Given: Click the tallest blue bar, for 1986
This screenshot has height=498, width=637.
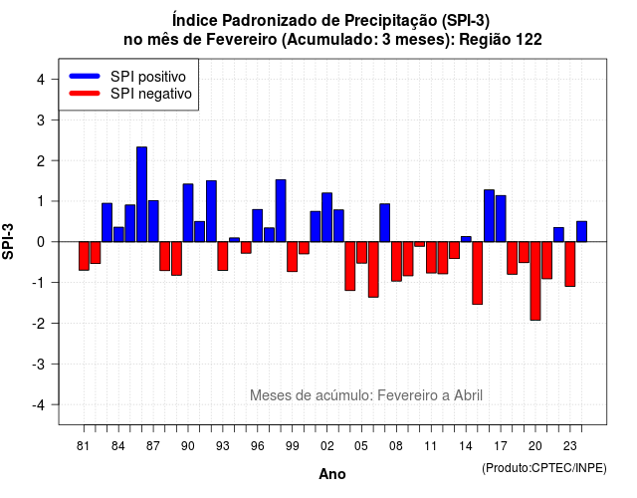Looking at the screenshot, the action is tap(141, 194).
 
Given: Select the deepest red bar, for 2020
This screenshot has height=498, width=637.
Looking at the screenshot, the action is tap(535, 281).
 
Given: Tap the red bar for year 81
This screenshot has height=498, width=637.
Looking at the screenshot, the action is tap(84, 256).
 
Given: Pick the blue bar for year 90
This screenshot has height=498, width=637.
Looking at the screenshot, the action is tap(188, 213).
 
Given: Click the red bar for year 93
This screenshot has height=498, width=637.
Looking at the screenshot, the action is tap(223, 256).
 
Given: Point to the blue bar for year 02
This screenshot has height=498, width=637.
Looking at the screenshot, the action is tap(327, 217).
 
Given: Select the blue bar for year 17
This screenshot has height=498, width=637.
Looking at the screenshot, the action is tap(501, 219).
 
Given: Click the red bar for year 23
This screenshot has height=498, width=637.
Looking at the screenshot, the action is tap(570, 264).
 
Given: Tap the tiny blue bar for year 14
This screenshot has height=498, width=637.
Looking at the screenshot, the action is tap(466, 239).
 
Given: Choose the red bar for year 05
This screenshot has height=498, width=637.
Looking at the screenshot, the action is tap(361, 252).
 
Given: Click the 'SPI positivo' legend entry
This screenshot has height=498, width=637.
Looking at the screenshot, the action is tap(127, 77).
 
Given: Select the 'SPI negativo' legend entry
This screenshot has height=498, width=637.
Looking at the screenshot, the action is tap(130, 94).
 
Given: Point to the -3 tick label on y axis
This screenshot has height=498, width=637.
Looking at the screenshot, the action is tap(39, 364).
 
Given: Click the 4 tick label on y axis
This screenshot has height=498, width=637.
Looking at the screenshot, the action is tap(41, 80).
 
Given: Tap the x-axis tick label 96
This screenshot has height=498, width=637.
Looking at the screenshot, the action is tap(257, 446).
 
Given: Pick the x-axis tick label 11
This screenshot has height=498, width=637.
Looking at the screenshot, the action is tap(431, 446).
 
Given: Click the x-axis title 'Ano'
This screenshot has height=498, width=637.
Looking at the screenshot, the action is tap(332, 474).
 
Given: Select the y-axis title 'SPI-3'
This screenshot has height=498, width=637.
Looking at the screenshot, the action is tap(8, 241).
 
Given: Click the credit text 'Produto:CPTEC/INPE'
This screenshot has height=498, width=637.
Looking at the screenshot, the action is tap(544, 468).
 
